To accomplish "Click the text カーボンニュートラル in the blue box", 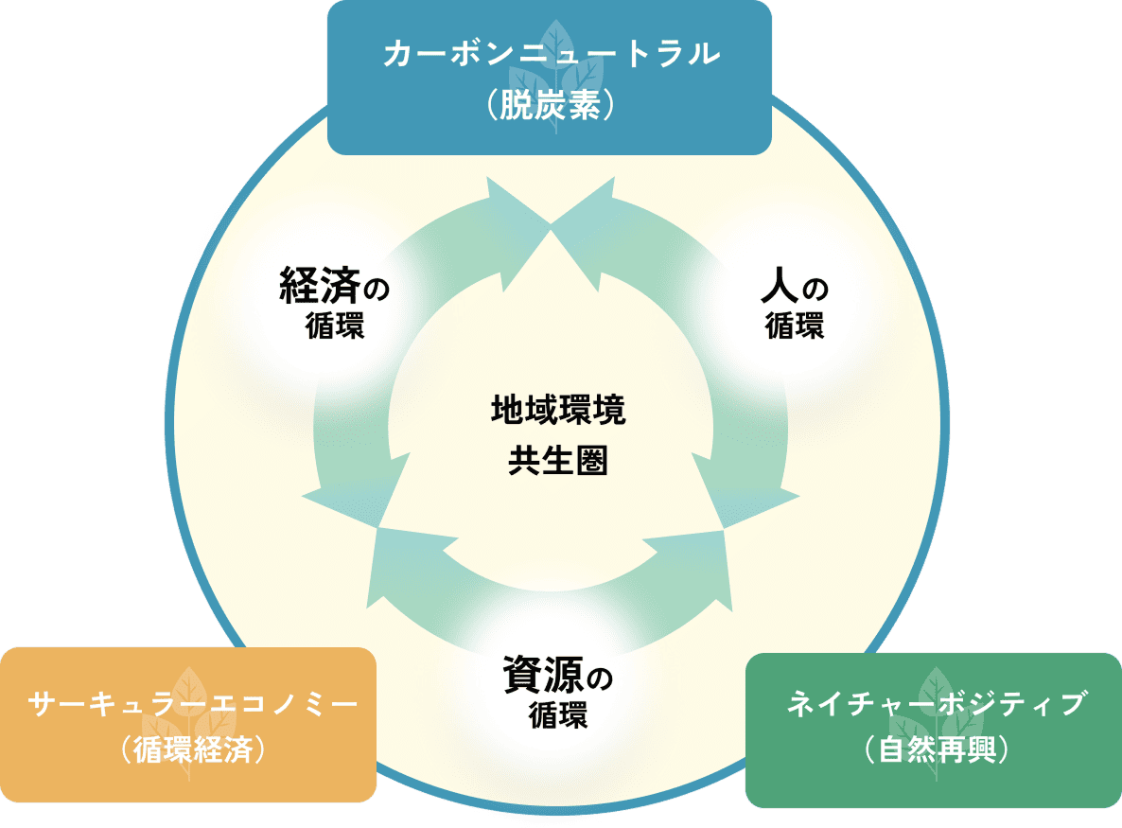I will tap(551, 54).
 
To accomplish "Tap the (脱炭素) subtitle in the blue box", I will tap(551, 104).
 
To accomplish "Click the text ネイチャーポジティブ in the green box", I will tap(936, 705).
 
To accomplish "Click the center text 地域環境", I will tap(558, 412).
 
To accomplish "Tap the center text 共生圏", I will tap(558, 462).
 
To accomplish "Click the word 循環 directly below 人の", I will tap(795, 327).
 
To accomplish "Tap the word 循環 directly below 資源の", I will tap(558, 714).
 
